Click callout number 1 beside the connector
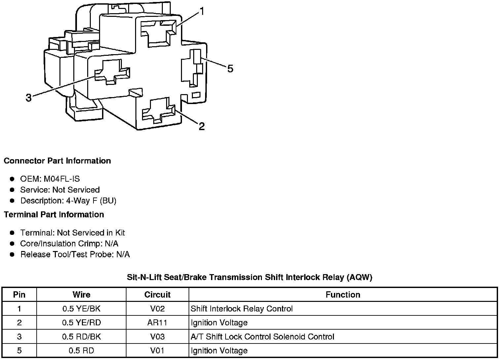202,11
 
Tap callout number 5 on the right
230,69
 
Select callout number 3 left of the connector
28,98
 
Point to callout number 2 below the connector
202,126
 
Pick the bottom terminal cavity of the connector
159,111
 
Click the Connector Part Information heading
57,161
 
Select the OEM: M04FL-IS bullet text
50,179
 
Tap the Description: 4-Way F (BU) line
68,200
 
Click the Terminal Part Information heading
54,215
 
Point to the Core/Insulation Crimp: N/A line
69,243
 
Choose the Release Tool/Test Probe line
75,254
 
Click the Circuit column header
157,295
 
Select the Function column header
343,295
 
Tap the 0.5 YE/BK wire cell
81,309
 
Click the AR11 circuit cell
157,323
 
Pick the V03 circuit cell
157,337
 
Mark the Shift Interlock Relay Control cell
242,309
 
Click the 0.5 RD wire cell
81,350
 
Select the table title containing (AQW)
250,277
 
